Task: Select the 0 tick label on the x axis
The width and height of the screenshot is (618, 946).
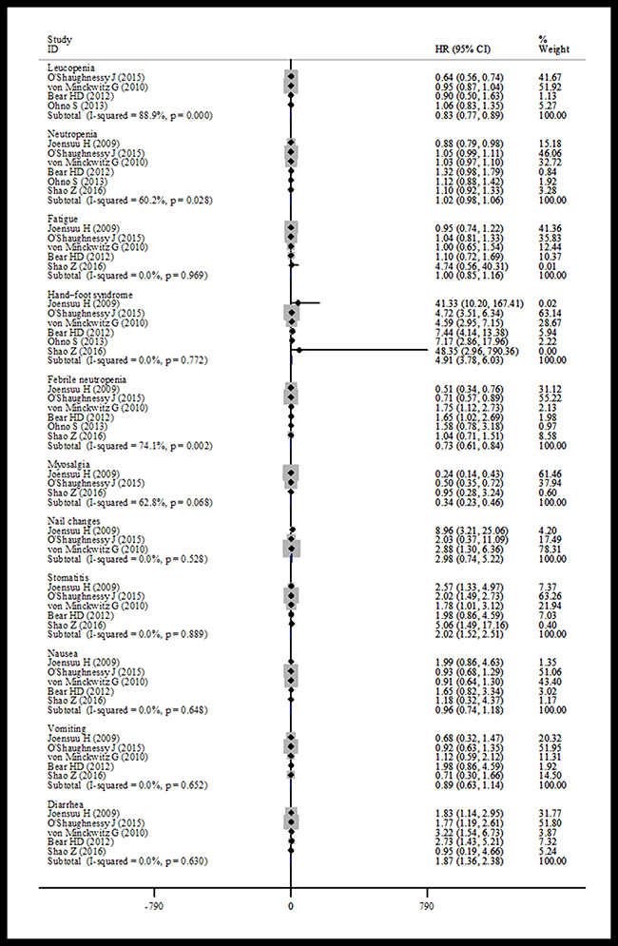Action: pos(290,906)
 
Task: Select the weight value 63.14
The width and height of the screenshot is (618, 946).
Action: pos(550,308)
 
